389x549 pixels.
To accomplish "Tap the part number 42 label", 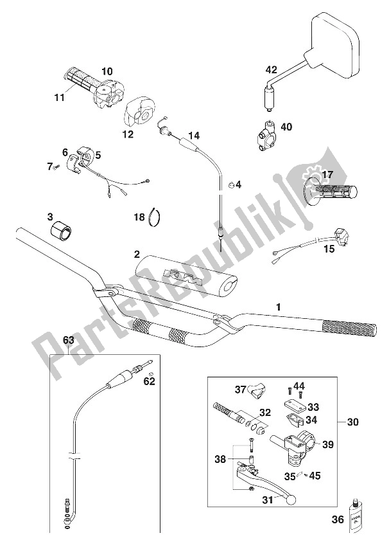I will [x=271, y=69].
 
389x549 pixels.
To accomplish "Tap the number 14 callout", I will [x=194, y=136].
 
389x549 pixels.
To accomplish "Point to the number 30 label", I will [x=352, y=422].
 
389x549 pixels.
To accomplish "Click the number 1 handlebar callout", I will [x=278, y=307].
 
